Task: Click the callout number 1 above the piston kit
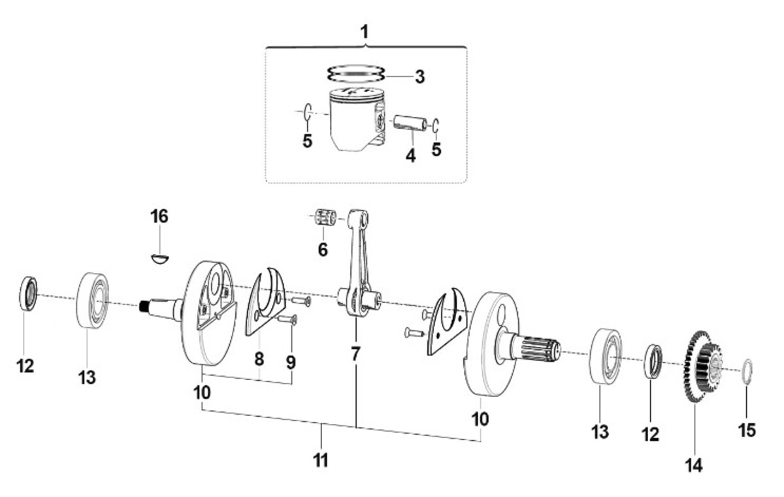coord(365,32)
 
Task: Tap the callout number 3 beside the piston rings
coord(419,76)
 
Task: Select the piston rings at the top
coord(355,74)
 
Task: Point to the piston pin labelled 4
coord(410,123)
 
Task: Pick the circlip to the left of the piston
coord(308,112)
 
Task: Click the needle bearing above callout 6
coord(326,217)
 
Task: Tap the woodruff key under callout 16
coord(160,259)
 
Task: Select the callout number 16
coord(159,216)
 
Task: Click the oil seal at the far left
coord(28,294)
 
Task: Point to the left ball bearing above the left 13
coord(92,301)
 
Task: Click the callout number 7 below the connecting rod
coord(355,354)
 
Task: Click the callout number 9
coord(291,362)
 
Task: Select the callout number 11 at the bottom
coord(321,460)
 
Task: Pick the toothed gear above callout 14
coord(702,366)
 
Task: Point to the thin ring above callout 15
coord(747,372)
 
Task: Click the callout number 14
coord(694,466)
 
